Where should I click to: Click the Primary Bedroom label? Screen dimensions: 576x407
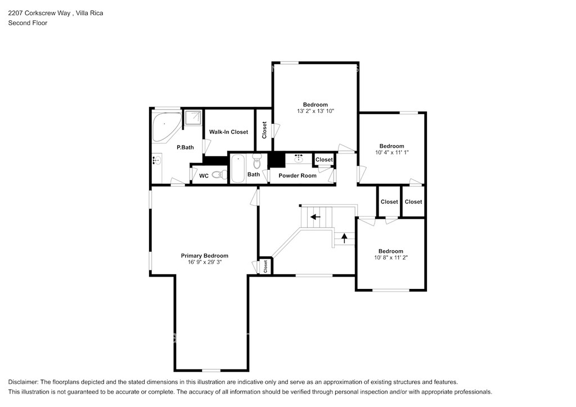click(x=204, y=255)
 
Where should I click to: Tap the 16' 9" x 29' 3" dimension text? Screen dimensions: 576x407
click(x=205, y=262)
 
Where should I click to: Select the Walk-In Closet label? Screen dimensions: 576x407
click(x=228, y=132)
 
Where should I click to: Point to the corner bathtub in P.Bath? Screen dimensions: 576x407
click(x=166, y=126)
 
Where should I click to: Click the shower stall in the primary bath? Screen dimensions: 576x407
click(x=193, y=118)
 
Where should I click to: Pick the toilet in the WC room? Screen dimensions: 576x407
click(x=219, y=175)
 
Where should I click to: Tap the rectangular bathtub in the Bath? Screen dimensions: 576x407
click(x=238, y=169)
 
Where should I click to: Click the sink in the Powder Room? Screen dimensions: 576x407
click(x=299, y=159)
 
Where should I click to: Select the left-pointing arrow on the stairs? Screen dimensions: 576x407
click(x=315, y=217)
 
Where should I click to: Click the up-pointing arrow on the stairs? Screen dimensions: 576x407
click(x=344, y=238)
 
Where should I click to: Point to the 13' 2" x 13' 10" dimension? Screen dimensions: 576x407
click(x=315, y=111)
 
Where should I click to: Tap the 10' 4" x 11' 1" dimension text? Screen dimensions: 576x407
click(x=391, y=152)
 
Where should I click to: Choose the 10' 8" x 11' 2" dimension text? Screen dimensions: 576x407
click(x=391, y=257)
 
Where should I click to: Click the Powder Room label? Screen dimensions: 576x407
click(x=297, y=175)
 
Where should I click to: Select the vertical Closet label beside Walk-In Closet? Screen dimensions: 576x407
click(x=264, y=130)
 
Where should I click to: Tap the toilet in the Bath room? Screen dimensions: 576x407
click(x=256, y=161)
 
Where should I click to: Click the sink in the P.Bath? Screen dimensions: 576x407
click(x=157, y=160)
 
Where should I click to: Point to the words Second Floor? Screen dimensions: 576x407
click(x=28, y=22)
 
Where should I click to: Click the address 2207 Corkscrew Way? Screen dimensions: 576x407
click(x=39, y=13)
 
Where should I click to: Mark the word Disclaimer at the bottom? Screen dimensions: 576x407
click(x=22, y=382)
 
